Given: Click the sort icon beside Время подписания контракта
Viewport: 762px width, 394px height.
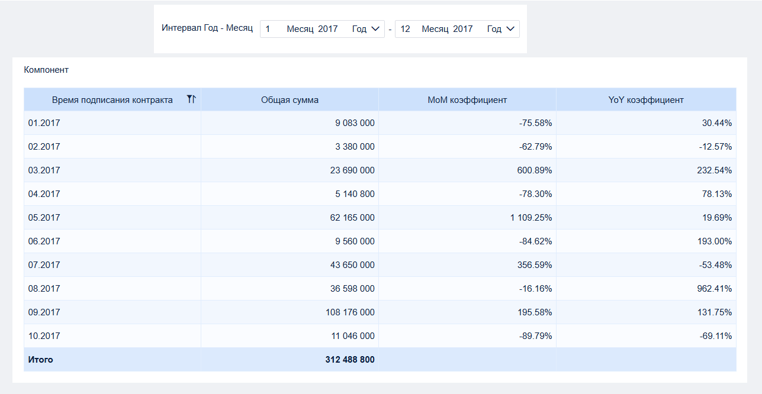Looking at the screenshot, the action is [x=191, y=99].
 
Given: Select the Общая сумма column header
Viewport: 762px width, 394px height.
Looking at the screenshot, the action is [x=290, y=100].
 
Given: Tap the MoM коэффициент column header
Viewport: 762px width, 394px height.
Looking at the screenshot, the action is [x=467, y=100].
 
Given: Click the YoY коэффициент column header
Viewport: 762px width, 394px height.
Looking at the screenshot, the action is [x=646, y=100].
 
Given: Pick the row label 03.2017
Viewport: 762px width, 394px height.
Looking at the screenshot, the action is [x=44, y=170].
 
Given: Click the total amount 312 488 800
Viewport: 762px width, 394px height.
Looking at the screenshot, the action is [x=350, y=360].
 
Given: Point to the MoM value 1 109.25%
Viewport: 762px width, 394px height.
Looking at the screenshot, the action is [x=531, y=218].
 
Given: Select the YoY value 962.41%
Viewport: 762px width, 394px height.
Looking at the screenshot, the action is [x=715, y=289].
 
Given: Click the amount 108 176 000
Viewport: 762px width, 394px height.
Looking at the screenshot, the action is [x=350, y=312].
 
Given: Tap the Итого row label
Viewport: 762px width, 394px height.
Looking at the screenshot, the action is [x=40, y=360].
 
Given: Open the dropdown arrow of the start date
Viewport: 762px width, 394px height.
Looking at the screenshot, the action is [x=375, y=29].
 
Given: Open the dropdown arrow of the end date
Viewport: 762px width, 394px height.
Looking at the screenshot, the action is [x=510, y=29].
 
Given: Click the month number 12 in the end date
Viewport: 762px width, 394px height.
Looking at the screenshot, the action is [x=405, y=29].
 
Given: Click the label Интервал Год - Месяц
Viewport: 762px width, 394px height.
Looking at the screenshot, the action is [x=207, y=28].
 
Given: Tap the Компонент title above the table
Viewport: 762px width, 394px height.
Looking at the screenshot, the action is [x=46, y=70].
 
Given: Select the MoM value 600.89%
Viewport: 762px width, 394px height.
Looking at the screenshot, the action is [x=535, y=170].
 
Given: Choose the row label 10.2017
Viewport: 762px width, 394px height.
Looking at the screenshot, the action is [x=44, y=336].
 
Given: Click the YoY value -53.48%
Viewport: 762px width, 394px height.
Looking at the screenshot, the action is [x=715, y=265].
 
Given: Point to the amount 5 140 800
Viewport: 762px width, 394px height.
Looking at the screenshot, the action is [x=355, y=194].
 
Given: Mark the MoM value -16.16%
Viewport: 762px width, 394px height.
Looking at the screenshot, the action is [x=535, y=289].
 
